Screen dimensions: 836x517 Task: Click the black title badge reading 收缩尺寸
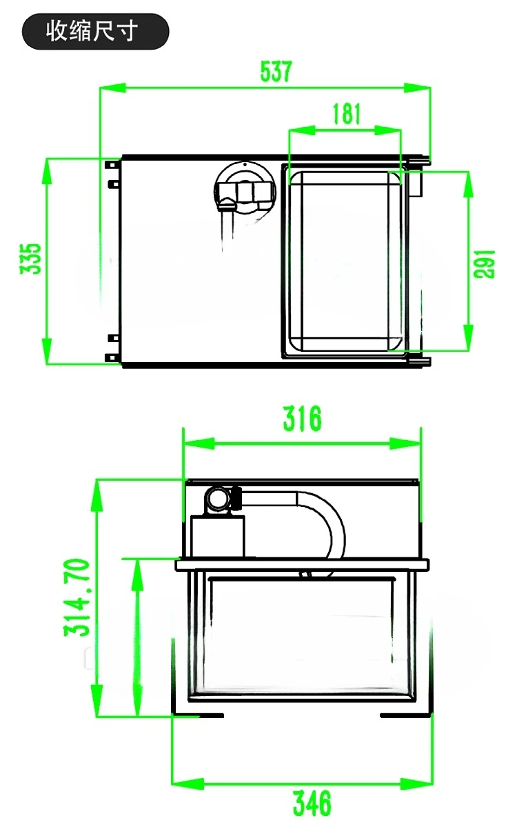point(95,32)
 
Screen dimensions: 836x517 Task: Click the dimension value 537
point(276,71)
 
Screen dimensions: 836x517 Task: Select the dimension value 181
point(346,113)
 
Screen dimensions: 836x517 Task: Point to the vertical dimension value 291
point(485,263)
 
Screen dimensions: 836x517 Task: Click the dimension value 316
point(302,418)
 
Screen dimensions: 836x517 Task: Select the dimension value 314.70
point(77,597)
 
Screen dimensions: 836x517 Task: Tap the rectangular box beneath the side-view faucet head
point(218,537)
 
